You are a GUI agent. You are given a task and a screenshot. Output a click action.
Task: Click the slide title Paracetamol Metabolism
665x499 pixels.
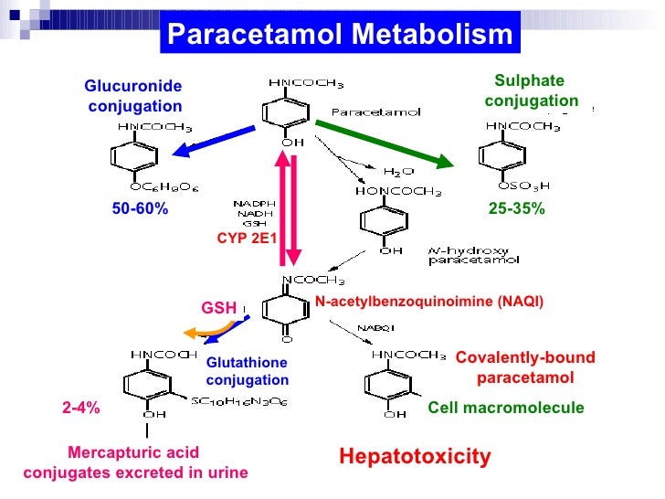click(341, 36)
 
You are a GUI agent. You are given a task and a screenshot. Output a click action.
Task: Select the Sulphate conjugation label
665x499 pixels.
click(531, 90)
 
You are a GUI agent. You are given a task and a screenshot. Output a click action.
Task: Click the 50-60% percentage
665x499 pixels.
click(140, 209)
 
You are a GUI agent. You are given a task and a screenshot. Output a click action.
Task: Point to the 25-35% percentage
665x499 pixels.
click(516, 209)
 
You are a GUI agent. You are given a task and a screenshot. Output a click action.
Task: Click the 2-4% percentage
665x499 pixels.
click(80, 409)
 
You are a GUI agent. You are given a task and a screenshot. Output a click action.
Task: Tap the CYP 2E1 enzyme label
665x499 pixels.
click(247, 238)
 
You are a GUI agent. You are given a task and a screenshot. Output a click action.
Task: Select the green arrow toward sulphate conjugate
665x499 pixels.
click(384, 144)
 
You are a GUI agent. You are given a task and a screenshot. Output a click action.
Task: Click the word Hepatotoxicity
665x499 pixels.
click(415, 456)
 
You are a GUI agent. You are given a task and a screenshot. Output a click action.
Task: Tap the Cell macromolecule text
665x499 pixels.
click(505, 408)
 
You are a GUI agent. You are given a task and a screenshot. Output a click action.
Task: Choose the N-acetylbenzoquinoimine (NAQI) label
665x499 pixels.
click(429, 302)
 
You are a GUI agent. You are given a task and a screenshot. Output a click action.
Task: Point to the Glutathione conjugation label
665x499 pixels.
click(247, 371)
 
